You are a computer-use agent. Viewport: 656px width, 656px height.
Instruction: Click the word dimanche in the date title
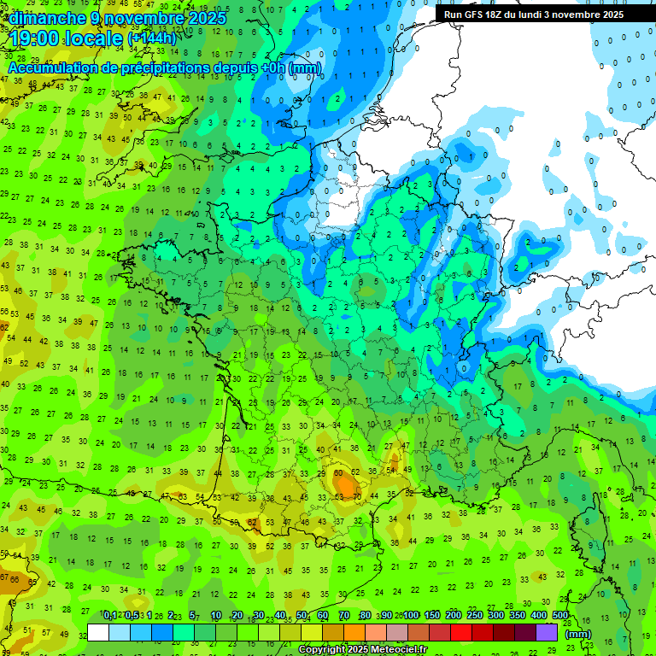click(x=48, y=17)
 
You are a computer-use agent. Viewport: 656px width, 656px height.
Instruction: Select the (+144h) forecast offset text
click(x=151, y=38)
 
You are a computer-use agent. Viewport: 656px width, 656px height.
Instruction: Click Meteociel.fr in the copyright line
click(x=401, y=649)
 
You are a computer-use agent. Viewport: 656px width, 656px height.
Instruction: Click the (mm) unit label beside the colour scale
click(x=578, y=634)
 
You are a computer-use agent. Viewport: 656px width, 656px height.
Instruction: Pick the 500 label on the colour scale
click(x=560, y=616)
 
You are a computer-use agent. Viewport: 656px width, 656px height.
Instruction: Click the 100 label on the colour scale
click(x=411, y=616)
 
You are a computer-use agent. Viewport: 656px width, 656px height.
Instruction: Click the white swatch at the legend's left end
click(x=98, y=632)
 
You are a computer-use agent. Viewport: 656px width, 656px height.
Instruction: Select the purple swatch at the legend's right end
click(x=547, y=632)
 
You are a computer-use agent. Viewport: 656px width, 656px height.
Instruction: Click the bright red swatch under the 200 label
click(x=461, y=632)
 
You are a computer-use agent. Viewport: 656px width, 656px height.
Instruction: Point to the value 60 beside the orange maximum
click(x=338, y=472)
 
